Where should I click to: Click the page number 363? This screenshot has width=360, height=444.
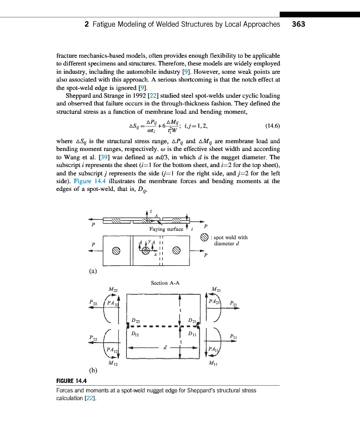(x=298, y=24)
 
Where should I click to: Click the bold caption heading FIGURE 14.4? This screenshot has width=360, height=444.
(x=75, y=381)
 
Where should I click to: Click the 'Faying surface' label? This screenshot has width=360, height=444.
(x=166, y=229)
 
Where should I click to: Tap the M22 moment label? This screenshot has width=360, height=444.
(x=113, y=289)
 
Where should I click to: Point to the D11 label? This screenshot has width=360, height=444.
(x=192, y=334)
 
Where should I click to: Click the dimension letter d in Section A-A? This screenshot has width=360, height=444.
(x=164, y=349)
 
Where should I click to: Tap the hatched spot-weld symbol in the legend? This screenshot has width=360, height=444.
(x=204, y=238)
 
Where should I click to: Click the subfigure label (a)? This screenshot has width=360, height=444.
(x=93, y=271)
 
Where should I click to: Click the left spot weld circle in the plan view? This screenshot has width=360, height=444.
(x=116, y=250)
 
